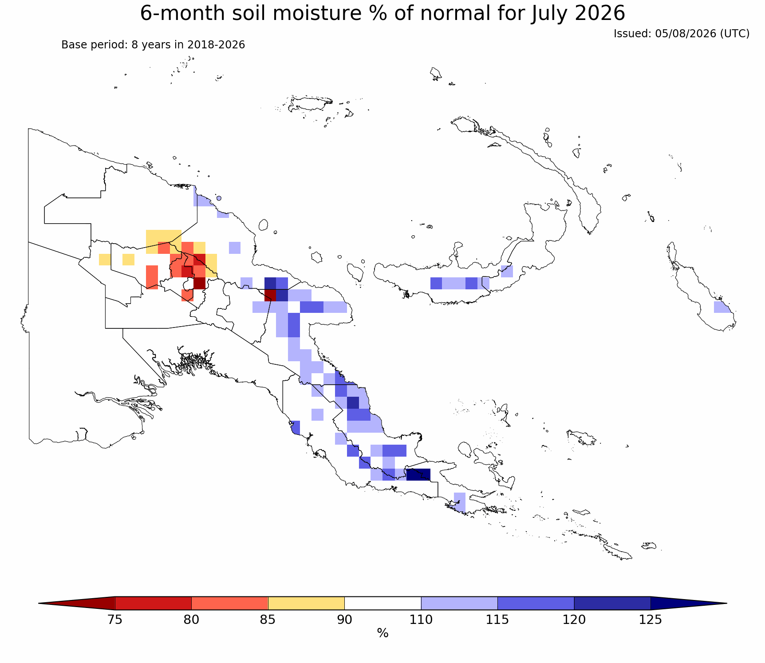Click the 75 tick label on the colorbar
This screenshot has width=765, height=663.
115,620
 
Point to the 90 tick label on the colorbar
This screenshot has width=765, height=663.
344,620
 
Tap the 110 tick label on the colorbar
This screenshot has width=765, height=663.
421,620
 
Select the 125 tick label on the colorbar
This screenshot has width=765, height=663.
651,620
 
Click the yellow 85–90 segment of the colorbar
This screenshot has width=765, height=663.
306,604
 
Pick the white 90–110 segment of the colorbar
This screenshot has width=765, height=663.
382,604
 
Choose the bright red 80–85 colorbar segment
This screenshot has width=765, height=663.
230,604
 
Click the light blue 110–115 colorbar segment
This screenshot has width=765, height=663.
459,604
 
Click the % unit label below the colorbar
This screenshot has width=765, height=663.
382,634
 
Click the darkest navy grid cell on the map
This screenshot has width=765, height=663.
418,474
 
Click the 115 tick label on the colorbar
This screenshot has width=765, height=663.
497,620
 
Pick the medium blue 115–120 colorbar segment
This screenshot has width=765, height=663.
536,604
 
